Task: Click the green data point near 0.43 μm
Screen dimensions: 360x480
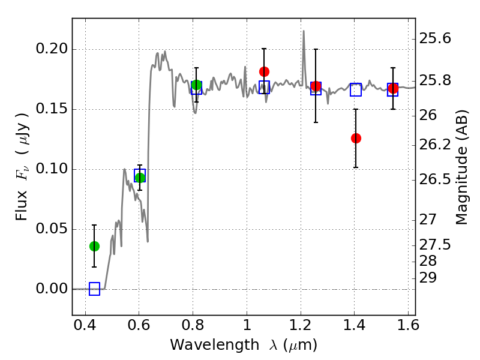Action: pyautogui.click(x=94, y=246)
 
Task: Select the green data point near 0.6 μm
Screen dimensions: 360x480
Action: pyautogui.click(x=140, y=178)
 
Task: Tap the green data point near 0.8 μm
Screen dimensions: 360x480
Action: pyautogui.click(x=196, y=85)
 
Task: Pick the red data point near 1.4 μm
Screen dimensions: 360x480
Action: pyautogui.click(x=356, y=138)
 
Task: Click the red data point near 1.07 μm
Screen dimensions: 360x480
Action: pyautogui.click(x=264, y=71)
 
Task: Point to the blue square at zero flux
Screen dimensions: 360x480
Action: pyautogui.click(x=94, y=289)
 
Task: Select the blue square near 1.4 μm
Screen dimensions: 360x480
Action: pyautogui.click(x=356, y=90)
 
